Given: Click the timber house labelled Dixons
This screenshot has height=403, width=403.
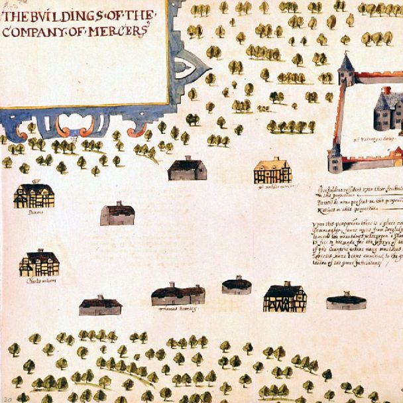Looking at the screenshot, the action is pos(34,196).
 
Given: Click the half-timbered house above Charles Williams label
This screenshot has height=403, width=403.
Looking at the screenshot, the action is pos(39,263).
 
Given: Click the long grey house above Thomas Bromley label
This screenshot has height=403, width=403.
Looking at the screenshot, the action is pos(178,294).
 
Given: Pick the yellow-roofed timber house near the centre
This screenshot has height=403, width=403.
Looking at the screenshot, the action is pos(272,171).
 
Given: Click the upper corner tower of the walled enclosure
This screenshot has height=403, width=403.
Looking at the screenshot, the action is pos(346,70).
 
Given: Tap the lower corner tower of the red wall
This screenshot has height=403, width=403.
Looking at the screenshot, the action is pos(335,159).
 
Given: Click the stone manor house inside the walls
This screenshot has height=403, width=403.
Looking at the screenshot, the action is pos(388,109).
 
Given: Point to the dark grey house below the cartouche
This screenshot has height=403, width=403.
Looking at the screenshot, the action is pos(187,170).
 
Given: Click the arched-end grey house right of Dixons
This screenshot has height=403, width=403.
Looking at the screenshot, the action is pos(117,214).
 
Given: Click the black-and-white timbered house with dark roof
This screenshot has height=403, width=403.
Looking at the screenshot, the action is pos(284,298).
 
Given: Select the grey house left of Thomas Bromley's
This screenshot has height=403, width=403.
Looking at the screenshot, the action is pos(100,306).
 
